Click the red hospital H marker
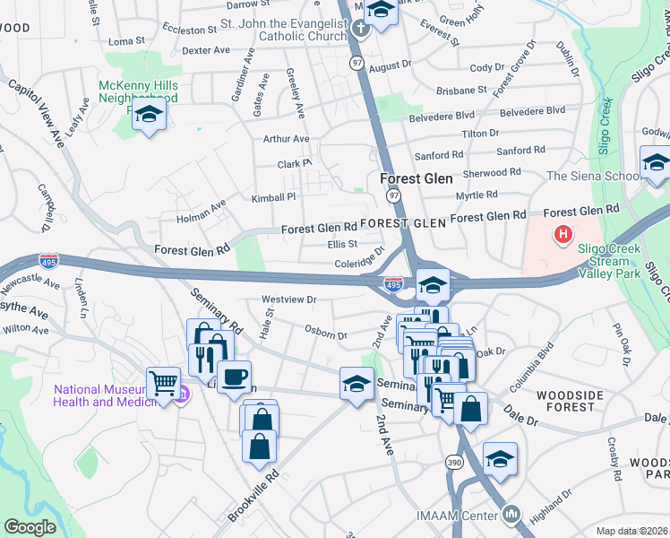pyautogui.click(x=563, y=236)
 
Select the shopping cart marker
pyautogui.click(x=163, y=384)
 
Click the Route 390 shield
pyautogui.click(x=455, y=461)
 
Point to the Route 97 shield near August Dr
pyautogui.click(x=357, y=63)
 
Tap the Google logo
pyautogui.click(x=30, y=526)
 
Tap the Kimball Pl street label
pyautogui.click(x=273, y=197)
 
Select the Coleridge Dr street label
pyautogui.click(x=358, y=258)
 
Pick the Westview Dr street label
pyautogui.click(x=289, y=299)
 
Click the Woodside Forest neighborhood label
pyautogui.click(x=565, y=401)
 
